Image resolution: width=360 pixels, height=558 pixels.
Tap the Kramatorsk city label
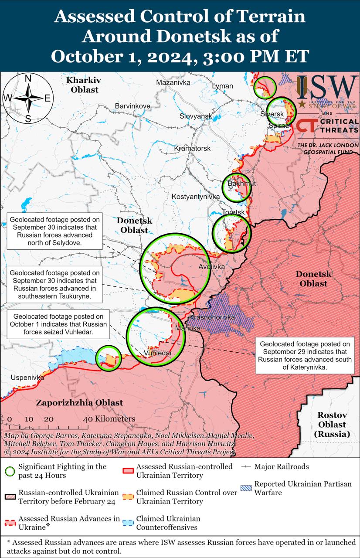tap(192, 148)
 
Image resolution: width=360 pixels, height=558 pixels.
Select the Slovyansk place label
tap(196, 116)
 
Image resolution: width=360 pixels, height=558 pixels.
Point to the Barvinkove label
tap(132, 106)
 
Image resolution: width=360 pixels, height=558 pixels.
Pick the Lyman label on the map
tap(222, 86)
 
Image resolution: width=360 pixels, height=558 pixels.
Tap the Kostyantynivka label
tap(196, 197)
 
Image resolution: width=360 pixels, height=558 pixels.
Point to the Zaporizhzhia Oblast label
tap(79, 403)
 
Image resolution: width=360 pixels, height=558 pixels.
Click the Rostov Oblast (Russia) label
tap(332, 424)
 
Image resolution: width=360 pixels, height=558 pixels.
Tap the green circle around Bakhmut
tap(237, 187)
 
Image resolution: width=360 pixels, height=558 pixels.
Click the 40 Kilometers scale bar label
tap(109, 419)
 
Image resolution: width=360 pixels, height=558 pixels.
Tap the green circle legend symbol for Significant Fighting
tap(11, 471)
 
